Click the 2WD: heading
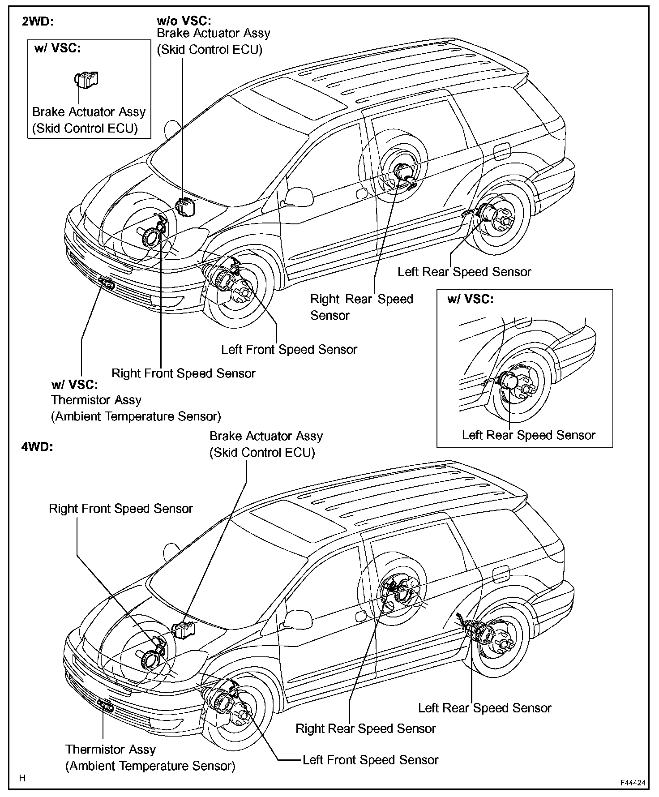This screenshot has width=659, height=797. coord(38,22)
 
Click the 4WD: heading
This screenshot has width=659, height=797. coord(38,447)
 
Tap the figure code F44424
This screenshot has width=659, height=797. coord(633,783)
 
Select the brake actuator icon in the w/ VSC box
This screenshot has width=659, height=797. coord(86,80)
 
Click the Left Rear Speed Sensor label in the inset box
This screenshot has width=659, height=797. coord(529,435)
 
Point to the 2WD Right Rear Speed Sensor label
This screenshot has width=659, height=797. coord(362,307)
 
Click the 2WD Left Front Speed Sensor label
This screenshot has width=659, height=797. coord(289,349)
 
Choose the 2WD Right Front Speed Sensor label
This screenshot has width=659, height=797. coord(184,373)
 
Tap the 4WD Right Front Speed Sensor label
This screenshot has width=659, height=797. coord(121,508)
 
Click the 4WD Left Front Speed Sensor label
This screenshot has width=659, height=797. coord(370,760)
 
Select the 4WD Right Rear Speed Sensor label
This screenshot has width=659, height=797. coord(365,728)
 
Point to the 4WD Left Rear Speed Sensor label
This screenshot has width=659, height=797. coord(485,708)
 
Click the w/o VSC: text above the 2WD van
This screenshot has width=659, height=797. coord(184,21)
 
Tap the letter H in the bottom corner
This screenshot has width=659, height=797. coord(22,778)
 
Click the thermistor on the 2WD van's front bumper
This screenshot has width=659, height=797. coord(107,283)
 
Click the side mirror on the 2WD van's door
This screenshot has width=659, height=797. coord(298,196)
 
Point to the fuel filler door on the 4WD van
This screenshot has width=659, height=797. coord(500,574)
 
